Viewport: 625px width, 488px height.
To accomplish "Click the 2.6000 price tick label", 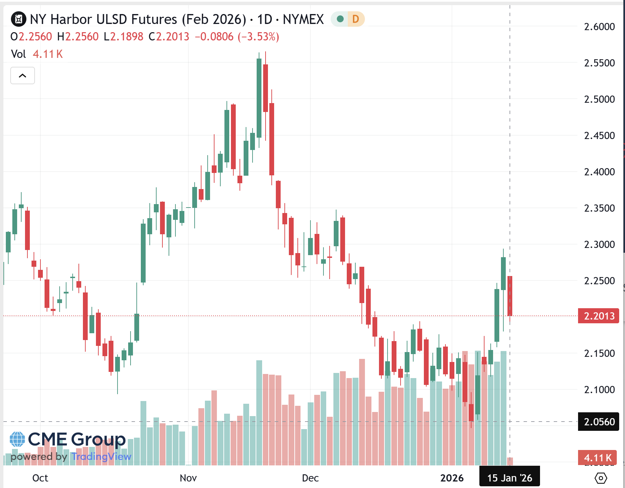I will pos(599,27).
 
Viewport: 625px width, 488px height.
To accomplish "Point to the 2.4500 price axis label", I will pos(599,136).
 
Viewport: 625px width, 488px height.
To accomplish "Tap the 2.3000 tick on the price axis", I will pos(599,245).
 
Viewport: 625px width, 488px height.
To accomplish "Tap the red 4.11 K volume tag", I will pos(598,458).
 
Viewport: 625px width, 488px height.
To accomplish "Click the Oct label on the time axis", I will pos(40,478).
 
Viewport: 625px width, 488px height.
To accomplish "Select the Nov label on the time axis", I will pos(188,478).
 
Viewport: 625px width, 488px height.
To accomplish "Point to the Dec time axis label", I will pos(310,478).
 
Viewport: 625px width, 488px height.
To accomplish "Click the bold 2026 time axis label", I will pos(452,478).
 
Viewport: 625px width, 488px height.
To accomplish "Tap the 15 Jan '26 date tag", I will pos(510,478).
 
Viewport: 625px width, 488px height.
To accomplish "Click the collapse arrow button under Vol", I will pos(23,76).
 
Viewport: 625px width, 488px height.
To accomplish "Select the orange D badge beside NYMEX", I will pos(356,19).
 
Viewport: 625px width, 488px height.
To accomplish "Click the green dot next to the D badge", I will pos(340,19).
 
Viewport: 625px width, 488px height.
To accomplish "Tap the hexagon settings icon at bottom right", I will pos(601,478).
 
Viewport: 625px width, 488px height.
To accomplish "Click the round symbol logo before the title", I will pos(19,19).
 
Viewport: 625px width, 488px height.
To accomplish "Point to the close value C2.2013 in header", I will pos(169,37).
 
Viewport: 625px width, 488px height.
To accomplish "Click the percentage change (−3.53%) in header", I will pos(258,37).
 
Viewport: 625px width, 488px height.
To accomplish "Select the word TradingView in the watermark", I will pos(101,456).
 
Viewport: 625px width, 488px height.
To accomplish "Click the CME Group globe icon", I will pos(17,439).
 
